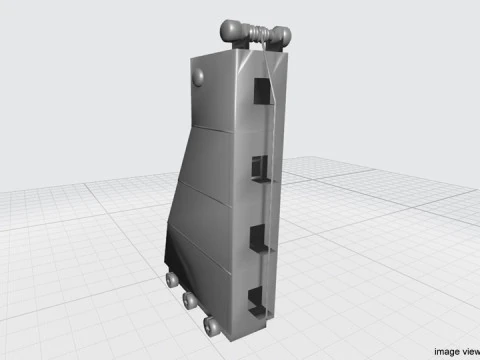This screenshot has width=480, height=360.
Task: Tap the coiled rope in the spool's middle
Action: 259,34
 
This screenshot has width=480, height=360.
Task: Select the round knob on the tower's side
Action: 198,75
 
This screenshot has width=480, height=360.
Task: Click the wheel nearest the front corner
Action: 211,325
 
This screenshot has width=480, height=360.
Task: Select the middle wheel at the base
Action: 189,300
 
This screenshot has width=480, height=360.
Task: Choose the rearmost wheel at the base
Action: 171,279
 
